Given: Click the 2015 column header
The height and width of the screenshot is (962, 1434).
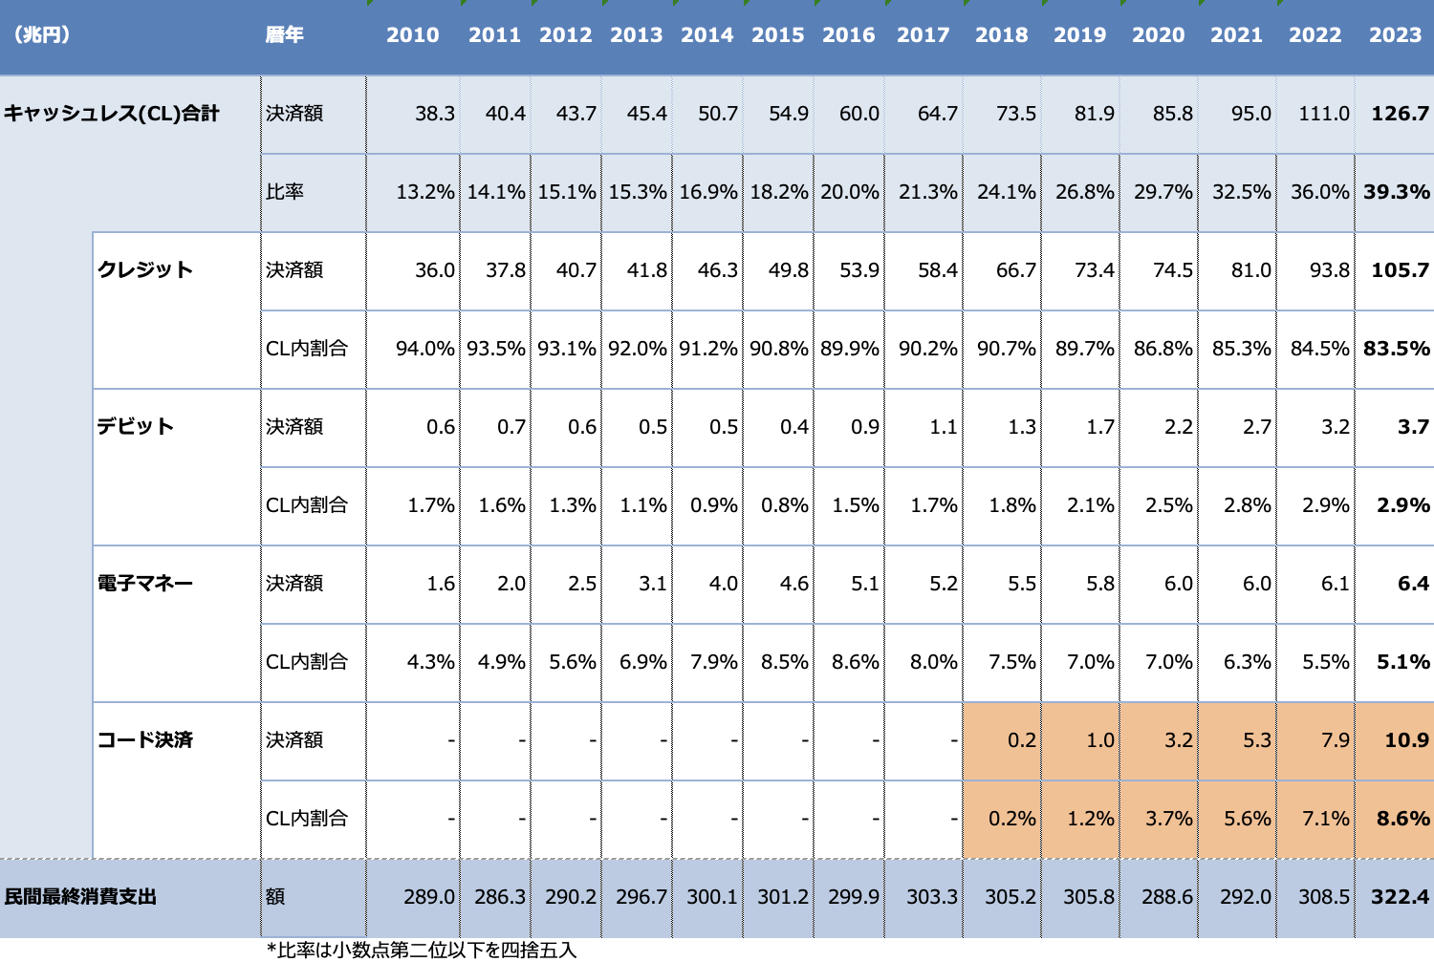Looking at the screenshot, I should (777, 35).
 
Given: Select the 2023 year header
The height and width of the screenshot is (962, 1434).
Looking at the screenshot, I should (1395, 35).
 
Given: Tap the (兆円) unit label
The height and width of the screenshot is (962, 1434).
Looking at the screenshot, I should (41, 35).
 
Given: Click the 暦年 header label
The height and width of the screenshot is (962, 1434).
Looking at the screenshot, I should (285, 35).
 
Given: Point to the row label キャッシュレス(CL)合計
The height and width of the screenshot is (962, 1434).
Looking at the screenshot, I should (112, 114).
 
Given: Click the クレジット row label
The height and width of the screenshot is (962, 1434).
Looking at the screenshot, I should (145, 270).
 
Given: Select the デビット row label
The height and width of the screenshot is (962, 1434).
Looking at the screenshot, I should (135, 427).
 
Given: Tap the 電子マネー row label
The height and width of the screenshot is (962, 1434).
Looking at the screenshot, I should (145, 584).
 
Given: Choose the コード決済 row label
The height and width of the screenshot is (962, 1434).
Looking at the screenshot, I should (145, 740).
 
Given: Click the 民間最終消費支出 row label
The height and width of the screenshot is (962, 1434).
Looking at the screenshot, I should (80, 897).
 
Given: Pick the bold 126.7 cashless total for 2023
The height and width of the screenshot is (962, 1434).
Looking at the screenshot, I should (1400, 114).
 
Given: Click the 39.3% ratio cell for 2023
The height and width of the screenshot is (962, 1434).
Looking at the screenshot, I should (1397, 192).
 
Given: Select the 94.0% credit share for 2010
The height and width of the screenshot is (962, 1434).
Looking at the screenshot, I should (424, 349).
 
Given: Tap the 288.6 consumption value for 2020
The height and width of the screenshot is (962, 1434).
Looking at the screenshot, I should (1166, 897).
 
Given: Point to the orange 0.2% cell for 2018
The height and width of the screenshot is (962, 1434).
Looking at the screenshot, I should (1011, 819).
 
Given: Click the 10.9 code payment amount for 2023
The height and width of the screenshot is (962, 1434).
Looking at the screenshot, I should (1406, 740).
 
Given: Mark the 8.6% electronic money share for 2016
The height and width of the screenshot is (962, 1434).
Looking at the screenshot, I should (849, 662).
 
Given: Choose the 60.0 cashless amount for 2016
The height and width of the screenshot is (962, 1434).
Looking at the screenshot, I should (858, 114).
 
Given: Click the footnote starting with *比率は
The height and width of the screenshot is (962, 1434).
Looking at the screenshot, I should (422, 950).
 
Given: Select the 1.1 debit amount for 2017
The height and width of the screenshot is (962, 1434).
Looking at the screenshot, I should (943, 427).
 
